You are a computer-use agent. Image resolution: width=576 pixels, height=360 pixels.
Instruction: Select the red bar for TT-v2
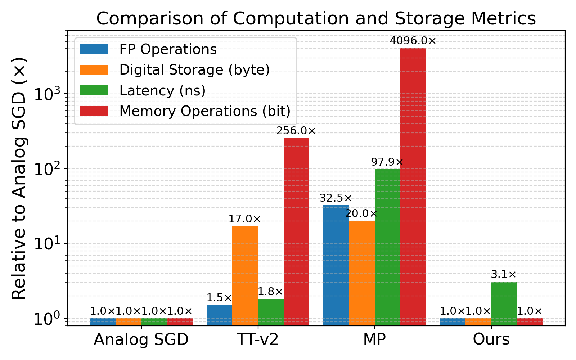pyautogui.click(x=296, y=232)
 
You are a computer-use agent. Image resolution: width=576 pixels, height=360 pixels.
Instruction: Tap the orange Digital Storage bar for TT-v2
pyautogui.click(x=245, y=275)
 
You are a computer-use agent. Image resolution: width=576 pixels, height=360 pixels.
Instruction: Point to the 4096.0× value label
pyautogui.click(x=413, y=41)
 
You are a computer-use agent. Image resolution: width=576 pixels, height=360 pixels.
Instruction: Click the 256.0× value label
pyautogui.click(x=296, y=131)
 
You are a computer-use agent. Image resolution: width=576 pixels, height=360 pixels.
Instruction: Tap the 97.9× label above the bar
pyautogui.click(x=387, y=162)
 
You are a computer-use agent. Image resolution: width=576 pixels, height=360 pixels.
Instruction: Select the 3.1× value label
pyautogui.click(x=504, y=275)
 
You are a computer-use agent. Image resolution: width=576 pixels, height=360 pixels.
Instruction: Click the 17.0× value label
pyautogui.click(x=245, y=219)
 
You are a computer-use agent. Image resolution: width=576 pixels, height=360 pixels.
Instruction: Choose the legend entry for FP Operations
pyautogui.click(x=168, y=49)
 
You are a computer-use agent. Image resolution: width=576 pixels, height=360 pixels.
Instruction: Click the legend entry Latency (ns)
pyautogui.click(x=162, y=91)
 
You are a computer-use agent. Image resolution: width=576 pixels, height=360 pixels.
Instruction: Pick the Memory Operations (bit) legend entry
pyautogui.click(x=204, y=111)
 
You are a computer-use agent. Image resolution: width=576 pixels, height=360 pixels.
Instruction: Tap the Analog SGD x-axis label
pyautogui.click(x=141, y=339)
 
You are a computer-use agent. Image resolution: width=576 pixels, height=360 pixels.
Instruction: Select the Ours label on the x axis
pyautogui.click(x=491, y=339)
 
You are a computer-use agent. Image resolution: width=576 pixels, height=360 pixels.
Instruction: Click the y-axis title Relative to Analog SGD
pyautogui.click(x=19, y=178)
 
